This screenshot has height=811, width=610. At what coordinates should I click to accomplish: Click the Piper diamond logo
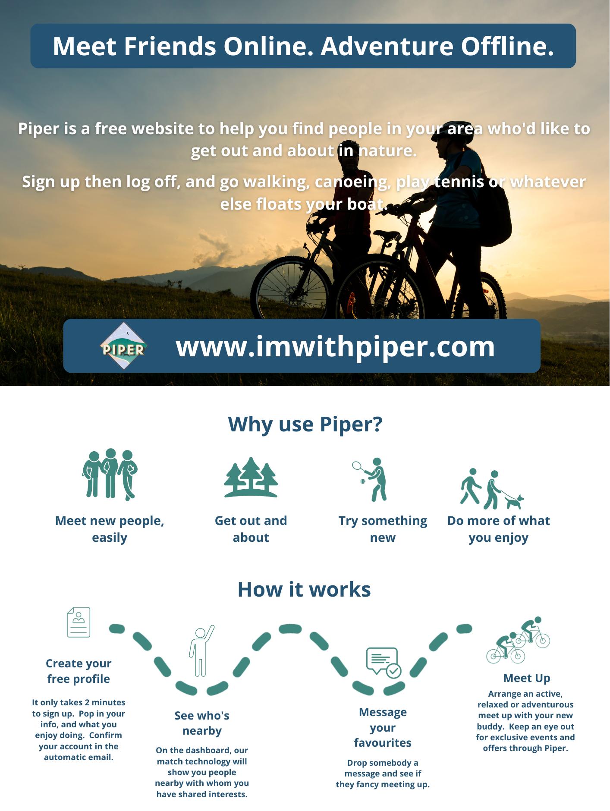(x=124, y=346)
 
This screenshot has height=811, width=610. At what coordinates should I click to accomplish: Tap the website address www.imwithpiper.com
(x=335, y=346)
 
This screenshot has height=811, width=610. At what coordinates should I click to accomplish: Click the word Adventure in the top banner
(x=387, y=46)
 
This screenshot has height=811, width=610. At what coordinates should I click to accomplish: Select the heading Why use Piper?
(x=305, y=424)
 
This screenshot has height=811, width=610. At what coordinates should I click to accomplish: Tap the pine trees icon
(x=251, y=478)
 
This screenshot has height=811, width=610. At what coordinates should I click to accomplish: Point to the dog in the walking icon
(x=514, y=502)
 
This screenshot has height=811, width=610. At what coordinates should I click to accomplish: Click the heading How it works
(x=304, y=589)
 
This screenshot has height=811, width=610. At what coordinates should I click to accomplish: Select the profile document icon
(x=79, y=622)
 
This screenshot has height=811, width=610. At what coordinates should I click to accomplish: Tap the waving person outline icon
(x=201, y=651)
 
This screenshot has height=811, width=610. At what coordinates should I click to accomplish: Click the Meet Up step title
(x=526, y=678)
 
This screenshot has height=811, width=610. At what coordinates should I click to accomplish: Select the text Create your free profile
(x=79, y=671)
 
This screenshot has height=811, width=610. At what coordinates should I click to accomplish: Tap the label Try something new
(x=383, y=529)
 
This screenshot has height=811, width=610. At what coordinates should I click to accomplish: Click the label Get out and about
(x=251, y=529)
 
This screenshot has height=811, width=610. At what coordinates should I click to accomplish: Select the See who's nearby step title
(x=202, y=723)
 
